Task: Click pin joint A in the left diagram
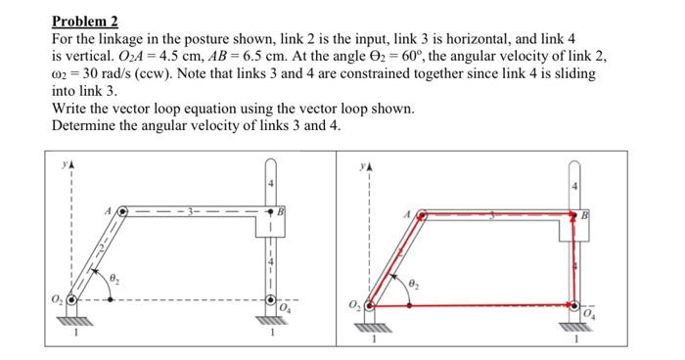[122, 209]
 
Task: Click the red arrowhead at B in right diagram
[573, 218]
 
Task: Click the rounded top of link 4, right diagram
[574, 169]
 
